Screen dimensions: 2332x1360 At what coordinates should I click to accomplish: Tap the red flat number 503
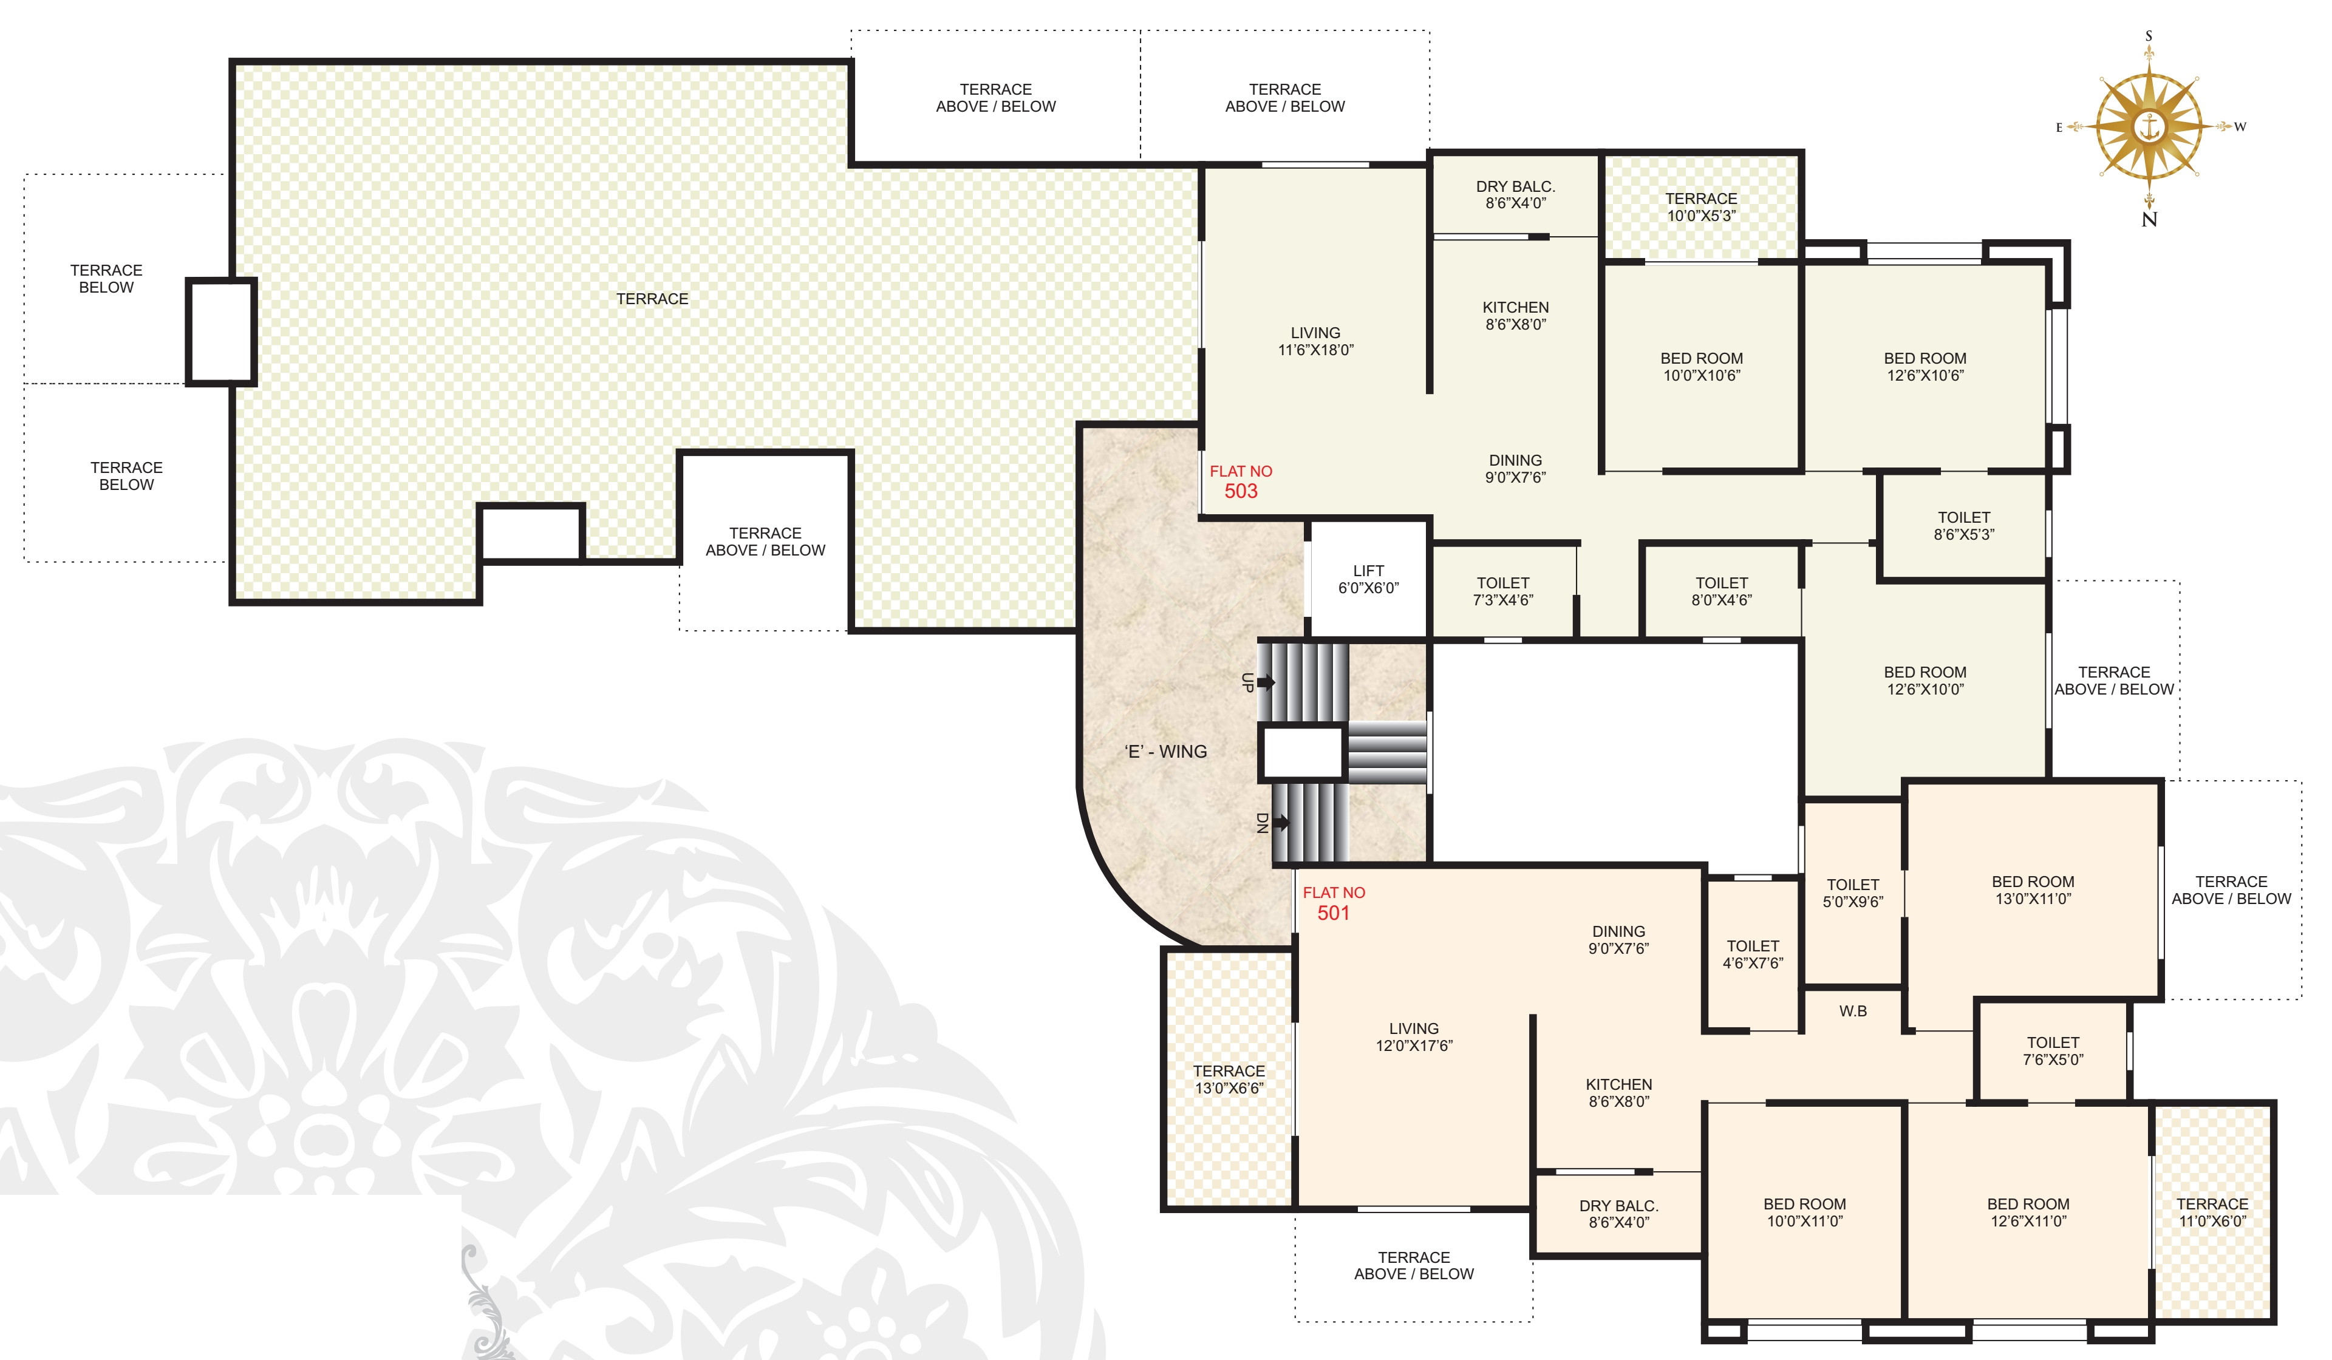coord(1241,491)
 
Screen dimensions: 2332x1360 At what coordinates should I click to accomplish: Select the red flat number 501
coord(1334,913)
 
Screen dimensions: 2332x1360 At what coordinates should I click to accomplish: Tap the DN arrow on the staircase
coord(1281,821)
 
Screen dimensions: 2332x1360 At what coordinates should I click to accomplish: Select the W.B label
coord(1853,1011)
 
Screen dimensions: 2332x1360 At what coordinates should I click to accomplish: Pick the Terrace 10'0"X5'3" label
coord(1702,207)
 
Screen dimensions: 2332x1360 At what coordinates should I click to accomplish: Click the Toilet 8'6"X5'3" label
coord(1964,526)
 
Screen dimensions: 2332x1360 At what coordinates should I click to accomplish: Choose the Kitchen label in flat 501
coord(1618,1093)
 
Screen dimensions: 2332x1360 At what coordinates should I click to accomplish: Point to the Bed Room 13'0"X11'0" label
coord(2033,890)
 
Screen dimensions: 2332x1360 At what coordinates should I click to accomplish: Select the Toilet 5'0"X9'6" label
coord(1853,892)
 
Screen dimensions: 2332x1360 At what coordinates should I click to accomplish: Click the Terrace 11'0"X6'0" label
coord(2212,1212)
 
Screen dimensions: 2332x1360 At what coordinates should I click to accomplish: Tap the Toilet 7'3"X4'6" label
coord(1503,591)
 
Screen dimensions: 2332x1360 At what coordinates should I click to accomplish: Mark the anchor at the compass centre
coord(2149,127)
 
